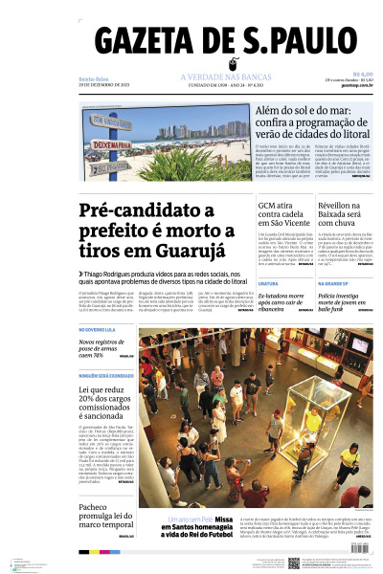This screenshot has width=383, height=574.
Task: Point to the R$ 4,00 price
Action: [x=363, y=74]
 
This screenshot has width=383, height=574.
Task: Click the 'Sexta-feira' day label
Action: [x=93, y=77]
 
